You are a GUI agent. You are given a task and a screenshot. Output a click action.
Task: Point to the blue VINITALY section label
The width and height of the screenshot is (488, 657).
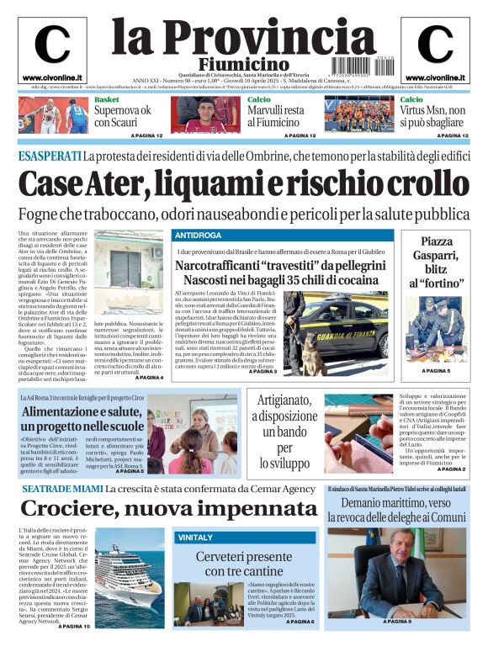(x=194, y=537)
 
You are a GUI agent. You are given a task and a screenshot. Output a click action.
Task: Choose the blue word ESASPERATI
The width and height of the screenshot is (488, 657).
(x=50, y=156)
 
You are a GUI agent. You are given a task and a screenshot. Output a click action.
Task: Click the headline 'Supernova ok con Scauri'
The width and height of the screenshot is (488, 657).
(x=122, y=116)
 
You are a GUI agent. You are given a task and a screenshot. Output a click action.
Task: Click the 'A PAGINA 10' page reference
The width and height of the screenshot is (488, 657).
(x=73, y=627)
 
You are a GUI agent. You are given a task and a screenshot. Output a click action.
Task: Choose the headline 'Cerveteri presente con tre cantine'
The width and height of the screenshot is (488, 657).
(x=244, y=564)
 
